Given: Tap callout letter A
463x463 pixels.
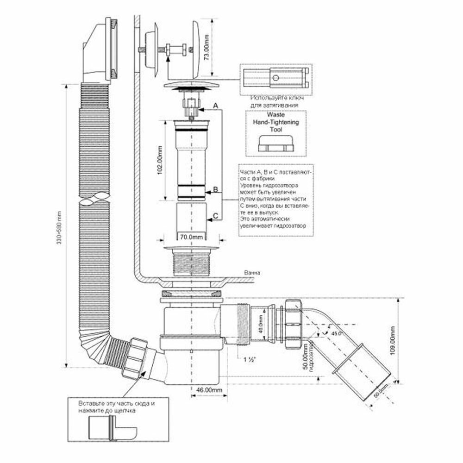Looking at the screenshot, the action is pyautogui.click(x=215, y=106).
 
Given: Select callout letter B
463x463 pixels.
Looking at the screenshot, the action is pyautogui.click(x=215, y=189).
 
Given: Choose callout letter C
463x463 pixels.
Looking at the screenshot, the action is pyautogui.click(x=215, y=214).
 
